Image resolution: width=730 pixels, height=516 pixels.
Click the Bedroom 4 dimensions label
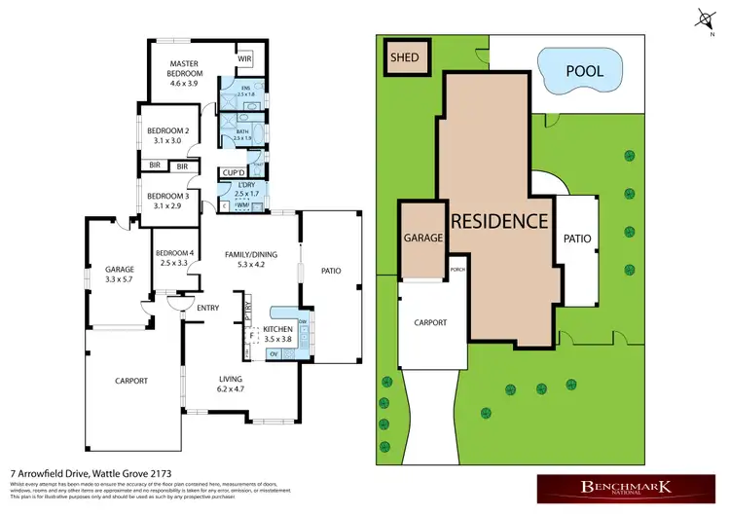[175, 263]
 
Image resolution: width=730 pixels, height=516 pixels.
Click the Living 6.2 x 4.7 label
[231, 385]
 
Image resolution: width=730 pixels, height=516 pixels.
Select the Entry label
[207, 309]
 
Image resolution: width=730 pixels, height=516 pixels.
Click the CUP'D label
[233, 173]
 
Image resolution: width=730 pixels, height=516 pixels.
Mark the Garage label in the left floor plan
[119, 274]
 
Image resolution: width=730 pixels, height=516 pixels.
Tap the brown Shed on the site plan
[404, 57]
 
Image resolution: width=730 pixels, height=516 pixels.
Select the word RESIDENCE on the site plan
[499, 221]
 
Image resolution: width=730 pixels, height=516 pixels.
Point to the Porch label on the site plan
[456, 270]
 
